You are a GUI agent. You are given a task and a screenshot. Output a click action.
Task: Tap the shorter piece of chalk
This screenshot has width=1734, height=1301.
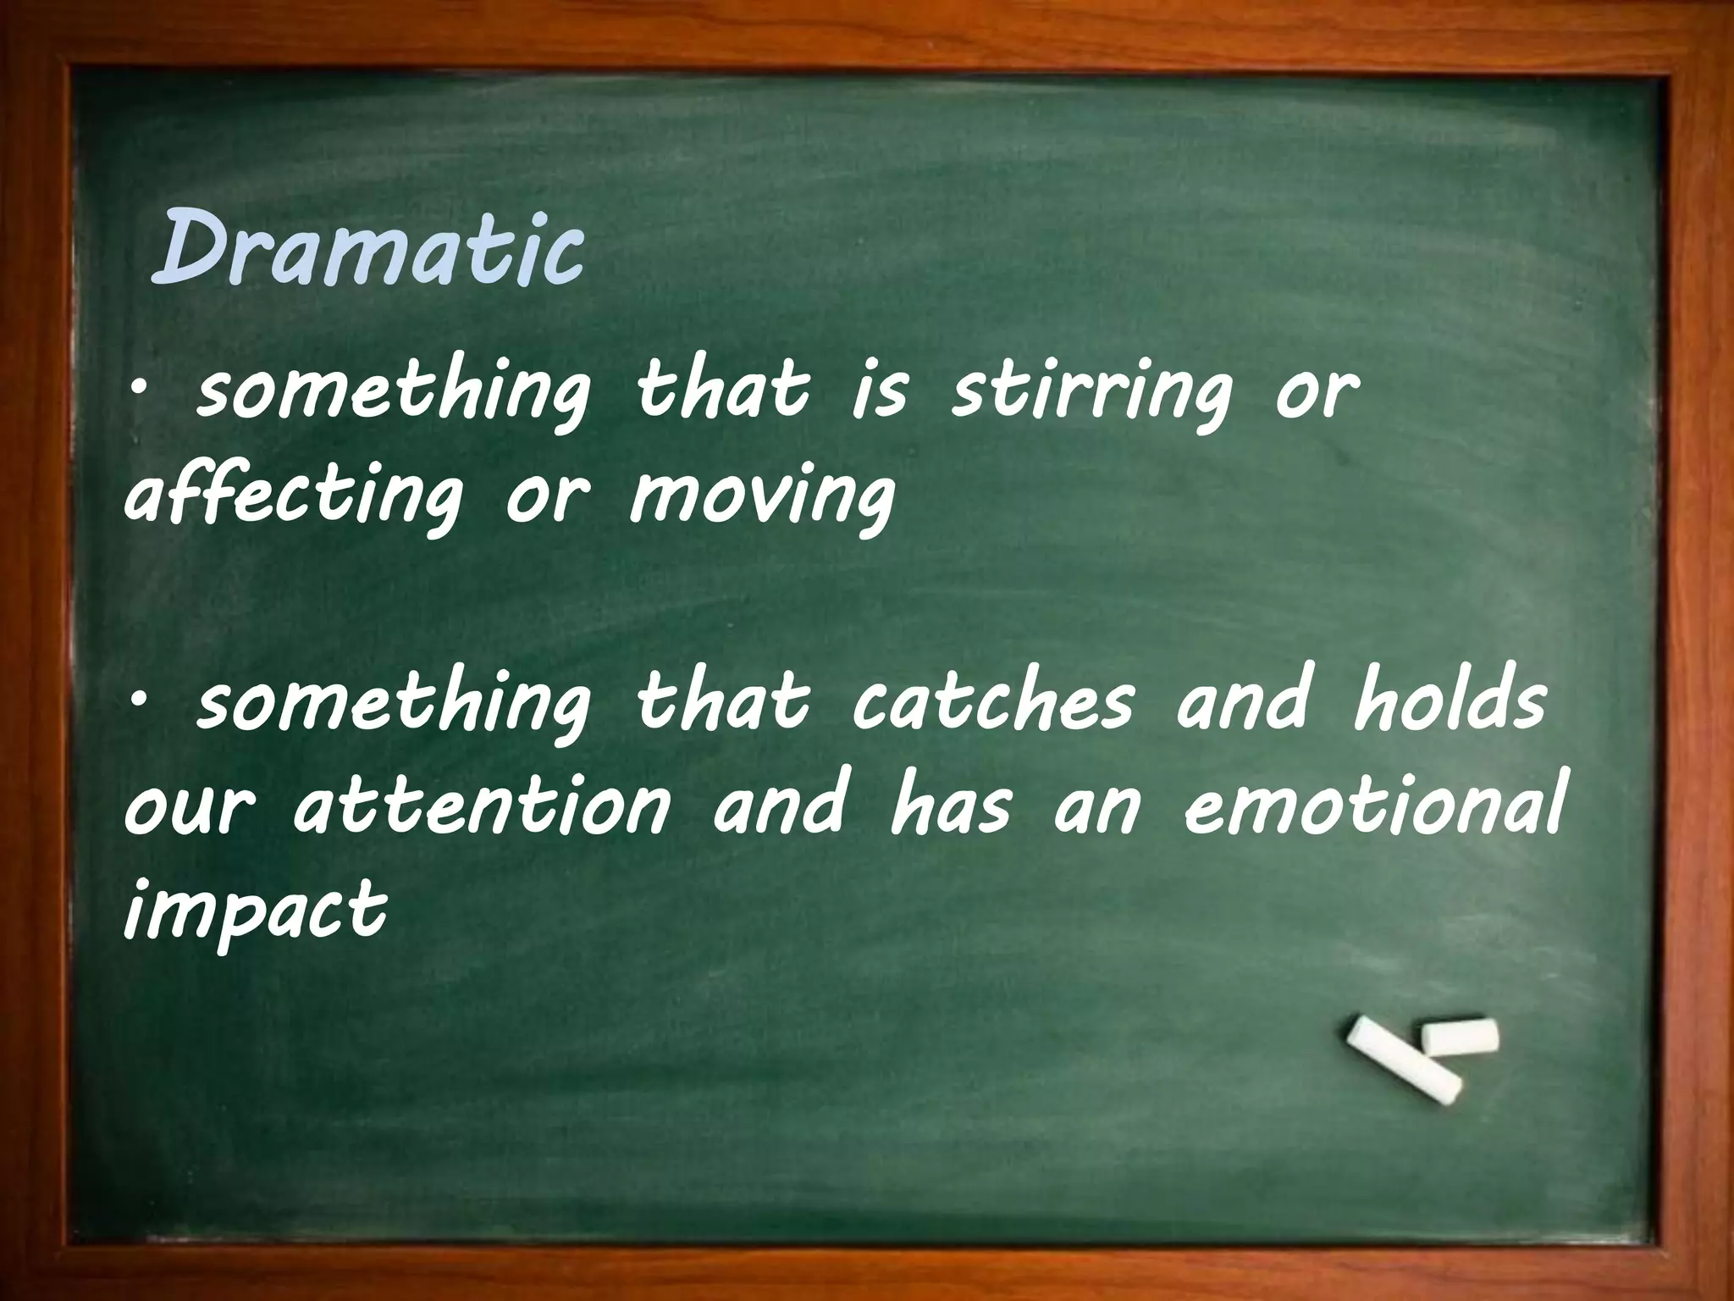tap(1460, 1037)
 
